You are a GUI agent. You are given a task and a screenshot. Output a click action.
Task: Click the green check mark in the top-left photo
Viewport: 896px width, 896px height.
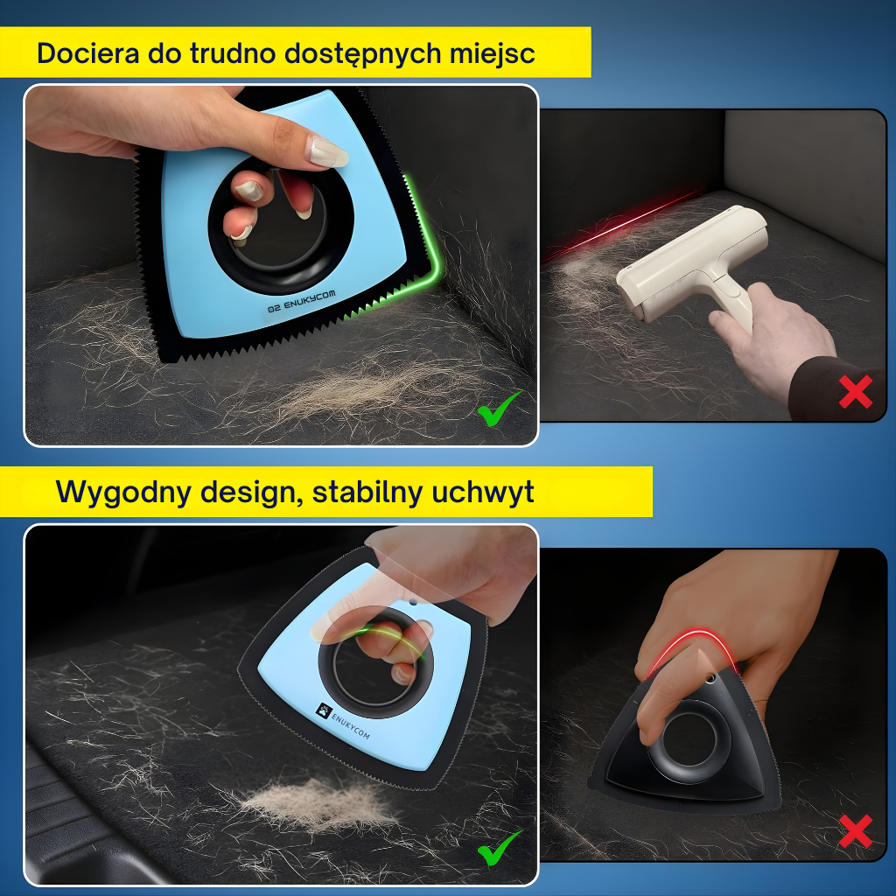498,409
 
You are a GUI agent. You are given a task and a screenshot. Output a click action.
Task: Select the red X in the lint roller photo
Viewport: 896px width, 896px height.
855,393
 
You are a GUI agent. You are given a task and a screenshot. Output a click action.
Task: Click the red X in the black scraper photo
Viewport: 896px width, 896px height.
855,831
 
